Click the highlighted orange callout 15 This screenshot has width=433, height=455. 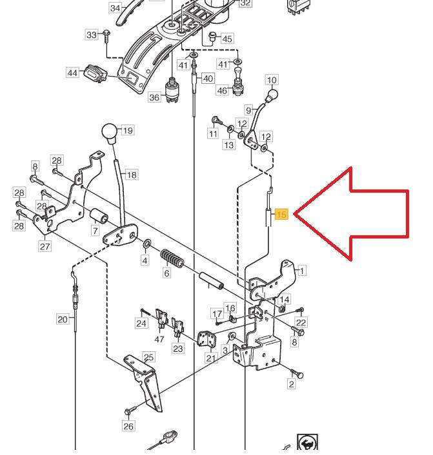tap(281, 215)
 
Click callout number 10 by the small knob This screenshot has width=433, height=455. tap(272, 81)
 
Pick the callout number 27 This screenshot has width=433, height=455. tap(45, 246)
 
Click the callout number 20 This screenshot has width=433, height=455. tap(62, 319)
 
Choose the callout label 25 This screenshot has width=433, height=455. tap(149, 357)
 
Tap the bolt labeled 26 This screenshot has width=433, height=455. tap(132, 410)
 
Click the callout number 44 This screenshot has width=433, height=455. tap(73, 73)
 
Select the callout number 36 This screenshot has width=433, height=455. tap(154, 97)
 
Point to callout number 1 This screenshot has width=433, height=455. tap(302, 271)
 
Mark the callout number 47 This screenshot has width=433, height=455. tap(159, 338)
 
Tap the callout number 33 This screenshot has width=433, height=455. tap(91, 34)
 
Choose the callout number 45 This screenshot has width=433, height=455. tap(227, 39)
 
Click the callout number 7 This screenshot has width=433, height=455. tap(95, 231)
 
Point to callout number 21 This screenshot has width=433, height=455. tap(211, 358)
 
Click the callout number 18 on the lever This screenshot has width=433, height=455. tap(131, 175)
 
